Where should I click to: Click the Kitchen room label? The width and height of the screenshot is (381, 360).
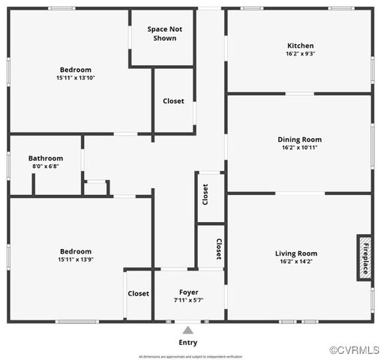tap(300, 45)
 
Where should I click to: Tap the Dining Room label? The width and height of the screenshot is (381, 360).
tap(300, 139)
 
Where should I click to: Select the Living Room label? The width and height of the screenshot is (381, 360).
tap(296, 253)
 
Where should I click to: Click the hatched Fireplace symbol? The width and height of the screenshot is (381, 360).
tap(364, 256)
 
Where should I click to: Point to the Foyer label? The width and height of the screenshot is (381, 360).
tap(188, 292)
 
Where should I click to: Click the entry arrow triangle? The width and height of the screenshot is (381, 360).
tap(188, 329)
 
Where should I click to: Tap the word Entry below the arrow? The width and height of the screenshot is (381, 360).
tap(188, 343)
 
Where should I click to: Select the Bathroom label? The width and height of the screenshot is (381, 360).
tap(46, 158)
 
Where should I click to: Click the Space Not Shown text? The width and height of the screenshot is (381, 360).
tap(165, 34)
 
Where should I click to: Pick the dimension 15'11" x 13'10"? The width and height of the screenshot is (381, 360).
tap(75, 78)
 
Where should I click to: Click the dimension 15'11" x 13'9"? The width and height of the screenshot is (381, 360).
tap(75, 259)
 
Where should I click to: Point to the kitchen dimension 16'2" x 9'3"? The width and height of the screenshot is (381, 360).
tap(300, 54)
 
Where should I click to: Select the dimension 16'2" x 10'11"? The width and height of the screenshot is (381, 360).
tap(300, 148)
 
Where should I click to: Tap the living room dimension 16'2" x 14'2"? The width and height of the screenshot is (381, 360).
tap(296, 262)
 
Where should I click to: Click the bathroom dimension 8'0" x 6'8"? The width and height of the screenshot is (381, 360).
tap(46, 166)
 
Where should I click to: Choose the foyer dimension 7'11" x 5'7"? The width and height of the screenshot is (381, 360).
tap(188, 300)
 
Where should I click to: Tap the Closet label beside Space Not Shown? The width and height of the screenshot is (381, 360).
tap(173, 101)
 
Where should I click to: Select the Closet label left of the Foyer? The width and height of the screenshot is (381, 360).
tap(138, 294)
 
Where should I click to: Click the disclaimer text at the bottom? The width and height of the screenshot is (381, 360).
tap(190, 356)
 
